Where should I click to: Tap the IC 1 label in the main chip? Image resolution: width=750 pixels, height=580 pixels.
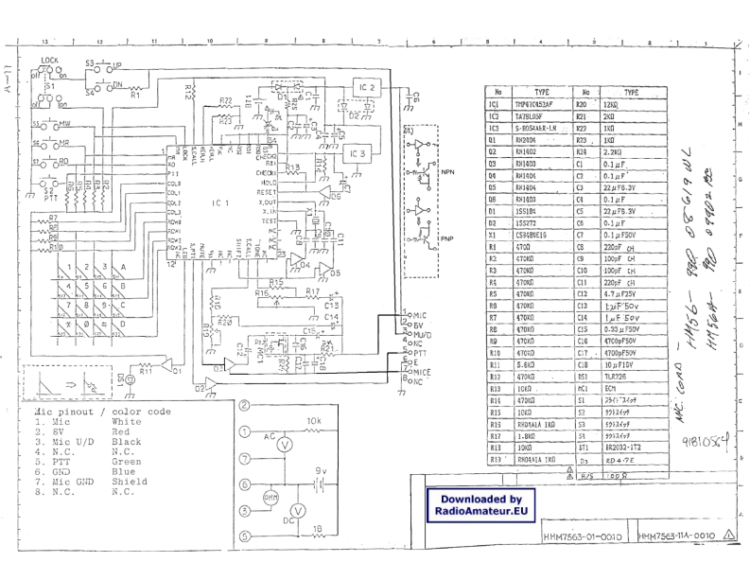(219, 202)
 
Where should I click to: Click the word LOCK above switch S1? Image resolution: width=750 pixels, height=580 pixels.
(51, 59)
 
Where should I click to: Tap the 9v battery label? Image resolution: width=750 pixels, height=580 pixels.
(320, 469)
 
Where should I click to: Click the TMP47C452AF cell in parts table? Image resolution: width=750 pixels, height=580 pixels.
(536, 104)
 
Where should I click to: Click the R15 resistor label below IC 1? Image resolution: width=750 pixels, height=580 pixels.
(275, 283)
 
